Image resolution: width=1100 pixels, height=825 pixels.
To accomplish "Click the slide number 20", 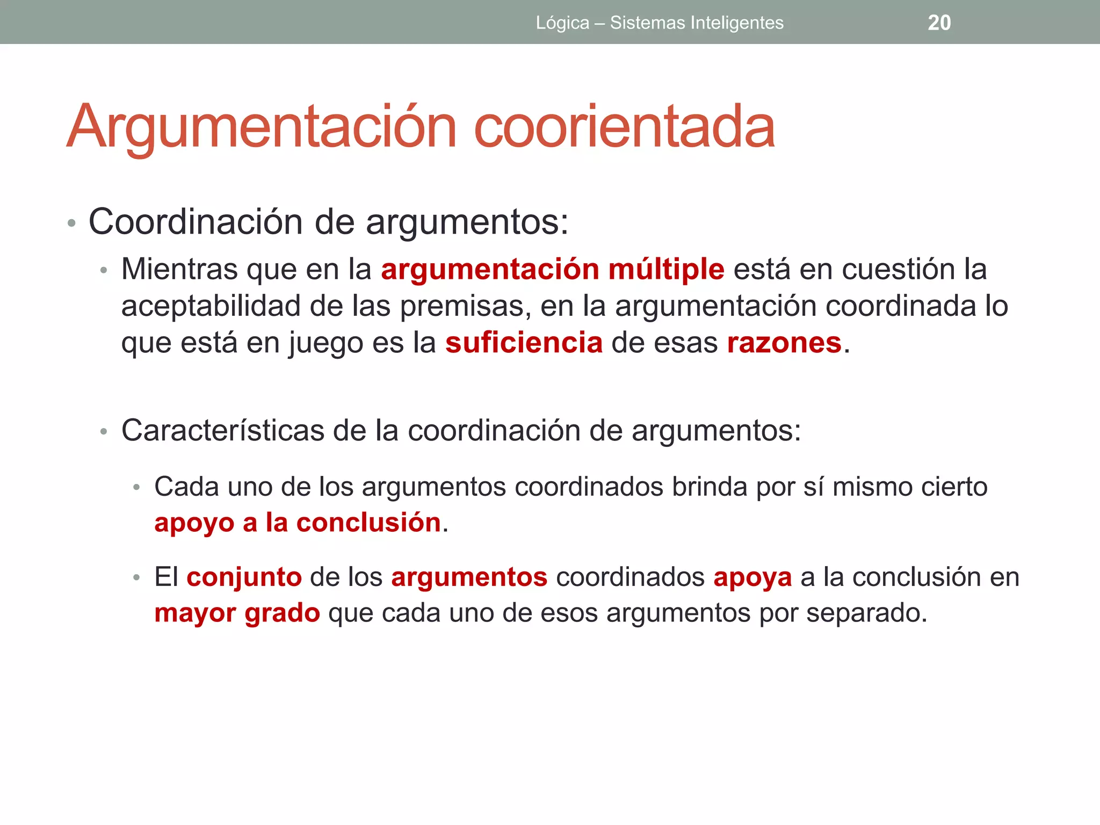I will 939,23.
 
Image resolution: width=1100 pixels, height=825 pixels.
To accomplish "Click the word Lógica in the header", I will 562,23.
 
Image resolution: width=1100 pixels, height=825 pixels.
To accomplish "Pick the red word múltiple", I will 666,269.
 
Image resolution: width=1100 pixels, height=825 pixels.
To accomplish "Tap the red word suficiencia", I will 524,343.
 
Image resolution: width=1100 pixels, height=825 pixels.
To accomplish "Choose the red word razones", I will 784,343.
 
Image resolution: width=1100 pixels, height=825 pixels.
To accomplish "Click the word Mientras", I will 179,269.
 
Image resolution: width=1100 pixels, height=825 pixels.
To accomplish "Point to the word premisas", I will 465,306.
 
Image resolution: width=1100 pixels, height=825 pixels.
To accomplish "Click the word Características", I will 222,430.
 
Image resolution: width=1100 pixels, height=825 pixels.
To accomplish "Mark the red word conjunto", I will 244,577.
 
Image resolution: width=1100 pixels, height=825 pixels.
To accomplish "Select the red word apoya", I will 752,578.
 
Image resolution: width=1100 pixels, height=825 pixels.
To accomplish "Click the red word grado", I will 283,613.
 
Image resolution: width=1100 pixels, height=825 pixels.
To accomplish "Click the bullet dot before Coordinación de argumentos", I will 71,223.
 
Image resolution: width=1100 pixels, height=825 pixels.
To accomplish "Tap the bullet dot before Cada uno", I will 136,488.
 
